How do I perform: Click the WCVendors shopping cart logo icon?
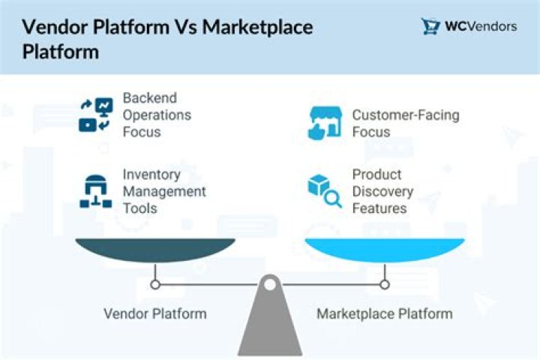click(430, 26)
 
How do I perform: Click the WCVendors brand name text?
click(481, 26)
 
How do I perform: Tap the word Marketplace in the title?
click(257, 27)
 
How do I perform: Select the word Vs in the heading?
click(186, 27)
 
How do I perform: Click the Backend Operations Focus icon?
click(96, 115)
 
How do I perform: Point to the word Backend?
click(150, 97)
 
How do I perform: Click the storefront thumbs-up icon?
click(325, 123)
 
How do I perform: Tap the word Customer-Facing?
click(406, 115)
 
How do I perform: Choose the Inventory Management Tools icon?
click(96, 191)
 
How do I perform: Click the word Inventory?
click(151, 175)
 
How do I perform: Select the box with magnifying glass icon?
click(325, 191)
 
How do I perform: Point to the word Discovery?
click(382, 191)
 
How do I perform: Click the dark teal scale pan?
click(155, 250)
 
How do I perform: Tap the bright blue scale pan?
click(385, 250)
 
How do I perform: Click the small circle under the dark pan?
click(155, 285)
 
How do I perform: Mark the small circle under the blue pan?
click(385, 284)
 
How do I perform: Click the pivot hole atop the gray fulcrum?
click(270, 284)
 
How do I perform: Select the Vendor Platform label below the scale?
click(155, 313)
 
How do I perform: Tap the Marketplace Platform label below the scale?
click(385, 313)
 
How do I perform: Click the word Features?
click(379, 208)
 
